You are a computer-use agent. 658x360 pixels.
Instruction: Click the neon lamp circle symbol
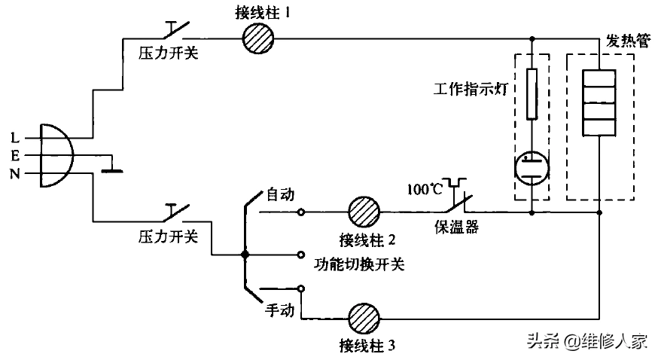pos(532,166)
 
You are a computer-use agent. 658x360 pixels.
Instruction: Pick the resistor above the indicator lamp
pos(532,94)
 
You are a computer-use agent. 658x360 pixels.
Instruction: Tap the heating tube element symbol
pos(599,102)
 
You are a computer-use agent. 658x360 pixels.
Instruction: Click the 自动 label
pos(280,194)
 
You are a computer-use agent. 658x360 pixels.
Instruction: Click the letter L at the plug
pos(15,138)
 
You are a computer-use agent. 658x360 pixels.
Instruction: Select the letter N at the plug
pos(15,174)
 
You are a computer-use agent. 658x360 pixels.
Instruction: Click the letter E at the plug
pos(15,156)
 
